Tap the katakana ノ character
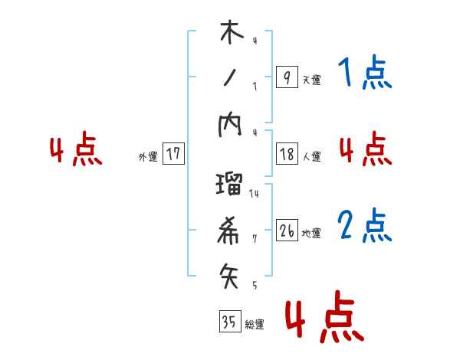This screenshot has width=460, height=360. [229, 77]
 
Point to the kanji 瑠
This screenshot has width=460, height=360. [230, 185]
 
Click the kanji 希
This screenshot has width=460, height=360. [230, 227]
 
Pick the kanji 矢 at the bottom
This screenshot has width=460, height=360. [230, 273]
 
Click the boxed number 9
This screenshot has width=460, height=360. [286, 77]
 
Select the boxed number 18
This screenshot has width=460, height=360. [287, 154]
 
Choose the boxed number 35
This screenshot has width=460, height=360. [229, 322]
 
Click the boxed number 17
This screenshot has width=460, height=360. [173, 154]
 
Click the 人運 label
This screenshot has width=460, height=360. [312, 157]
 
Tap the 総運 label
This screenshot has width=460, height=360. [255, 325]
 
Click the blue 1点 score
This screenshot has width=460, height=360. [364, 74]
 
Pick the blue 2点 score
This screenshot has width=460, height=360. [364, 227]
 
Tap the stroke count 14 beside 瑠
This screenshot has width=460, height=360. [254, 193]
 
